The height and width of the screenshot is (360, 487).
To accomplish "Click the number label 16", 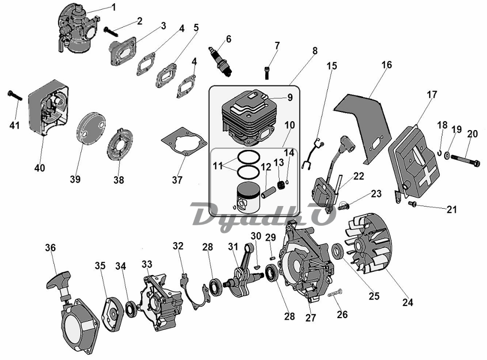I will pyautogui.click(x=386, y=65).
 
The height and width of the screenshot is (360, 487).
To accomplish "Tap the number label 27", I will pyautogui.click(x=310, y=318).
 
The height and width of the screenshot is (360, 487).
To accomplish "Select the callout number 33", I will pyautogui.click(x=146, y=264).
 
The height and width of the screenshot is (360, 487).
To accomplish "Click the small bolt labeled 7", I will pyautogui.click(x=266, y=70).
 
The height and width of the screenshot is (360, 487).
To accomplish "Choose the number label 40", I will pyautogui.click(x=40, y=168).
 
